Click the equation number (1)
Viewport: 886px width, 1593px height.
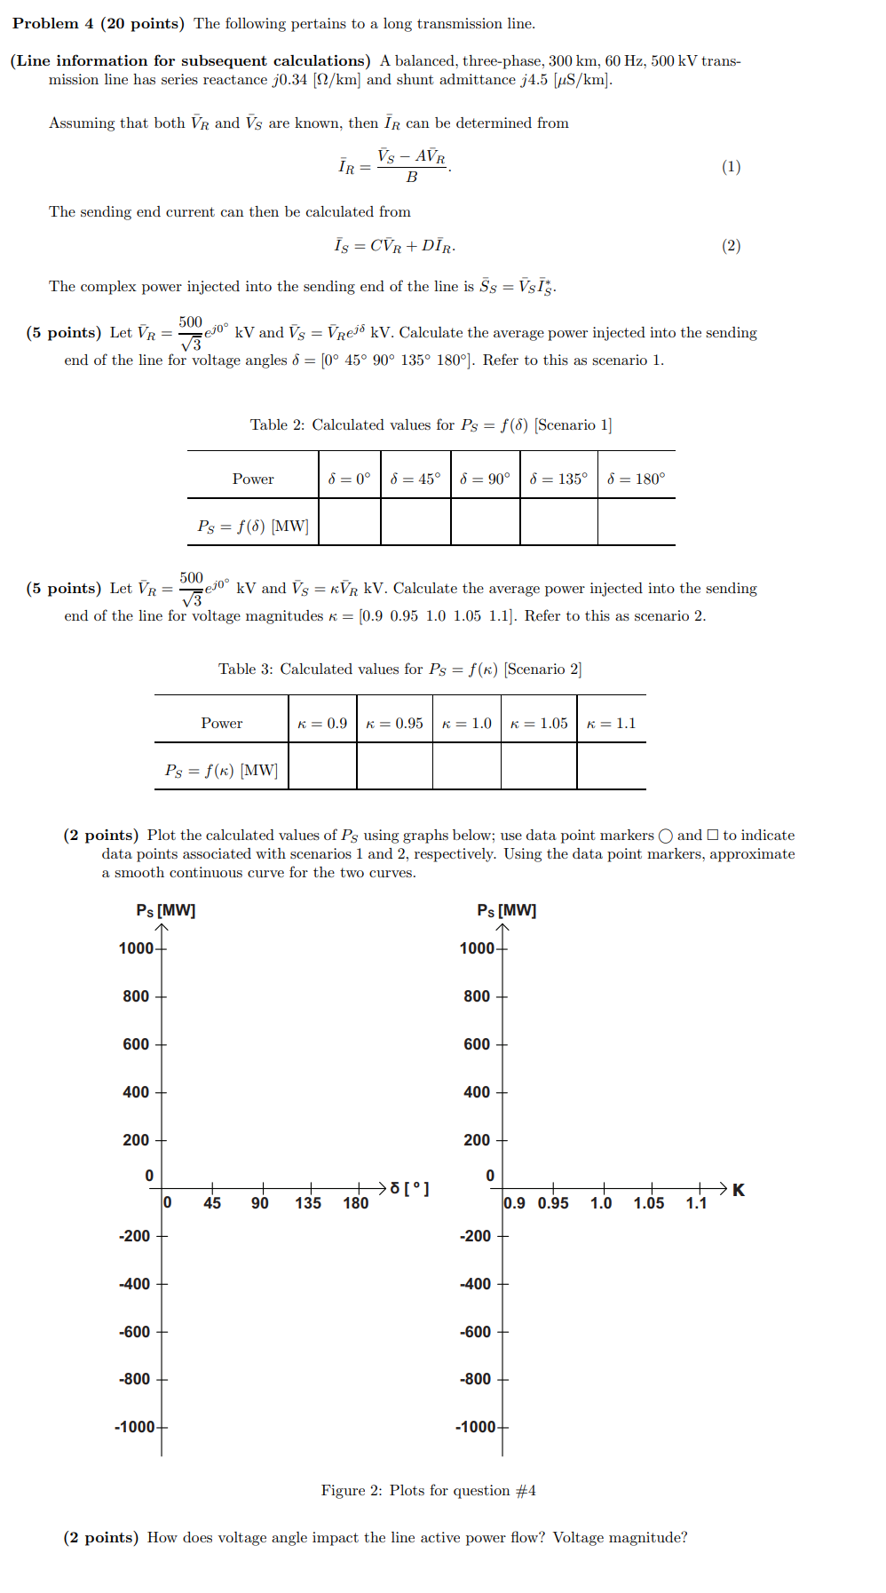click(x=731, y=167)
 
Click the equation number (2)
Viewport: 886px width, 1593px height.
click(x=731, y=246)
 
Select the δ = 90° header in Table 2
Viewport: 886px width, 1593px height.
click(x=485, y=479)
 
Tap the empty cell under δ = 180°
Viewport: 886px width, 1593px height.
click(x=636, y=522)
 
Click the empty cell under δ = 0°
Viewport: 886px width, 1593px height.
click(x=349, y=522)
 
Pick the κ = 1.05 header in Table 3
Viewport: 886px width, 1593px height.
click(x=539, y=723)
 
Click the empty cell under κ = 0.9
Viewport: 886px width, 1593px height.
click(x=322, y=766)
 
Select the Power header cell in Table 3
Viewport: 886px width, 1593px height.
click(x=221, y=723)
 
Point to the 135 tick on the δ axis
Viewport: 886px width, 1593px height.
click(x=308, y=1202)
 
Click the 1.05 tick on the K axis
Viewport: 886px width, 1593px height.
click(x=648, y=1202)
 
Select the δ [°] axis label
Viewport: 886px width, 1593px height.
click(x=409, y=1188)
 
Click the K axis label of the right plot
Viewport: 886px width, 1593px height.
click(x=739, y=1190)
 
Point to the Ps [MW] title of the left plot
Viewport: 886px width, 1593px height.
click(x=166, y=910)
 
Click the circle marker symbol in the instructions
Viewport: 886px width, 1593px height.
click(x=665, y=836)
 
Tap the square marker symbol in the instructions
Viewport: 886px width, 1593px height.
click(x=712, y=835)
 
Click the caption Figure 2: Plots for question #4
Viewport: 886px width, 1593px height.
click(x=428, y=1490)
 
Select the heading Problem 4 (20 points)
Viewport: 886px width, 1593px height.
click(x=98, y=24)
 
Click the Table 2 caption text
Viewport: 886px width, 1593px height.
click(x=431, y=424)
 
